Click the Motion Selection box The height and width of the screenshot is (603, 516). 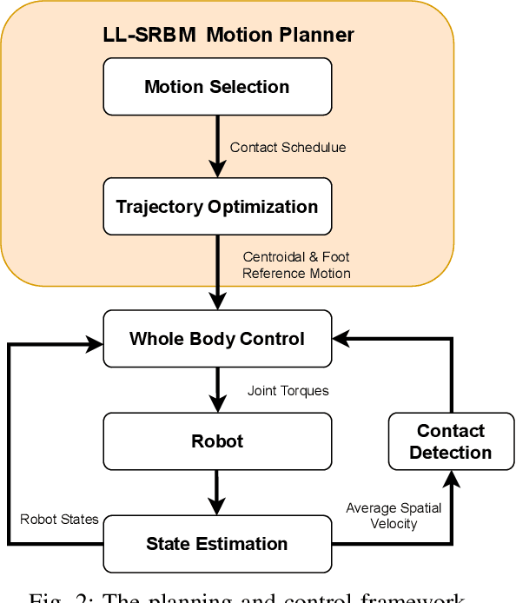click(217, 87)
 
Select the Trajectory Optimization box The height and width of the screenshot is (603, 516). click(217, 207)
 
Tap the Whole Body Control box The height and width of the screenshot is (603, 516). click(217, 339)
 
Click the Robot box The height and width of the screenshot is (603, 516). click(217, 441)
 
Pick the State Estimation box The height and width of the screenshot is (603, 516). click(217, 544)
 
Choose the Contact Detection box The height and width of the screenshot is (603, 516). click(451, 441)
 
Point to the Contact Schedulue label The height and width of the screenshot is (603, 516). click(288, 148)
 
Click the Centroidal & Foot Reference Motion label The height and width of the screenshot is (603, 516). click(296, 265)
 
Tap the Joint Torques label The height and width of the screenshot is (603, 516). click(288, 391)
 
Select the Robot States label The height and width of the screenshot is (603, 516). click(59, 520)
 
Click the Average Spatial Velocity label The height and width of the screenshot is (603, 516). click(394, 515)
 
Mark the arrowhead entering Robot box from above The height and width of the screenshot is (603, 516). click(216, 405)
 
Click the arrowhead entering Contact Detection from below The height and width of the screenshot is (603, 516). click(451, 478)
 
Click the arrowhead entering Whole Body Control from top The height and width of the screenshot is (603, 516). click(216, 302)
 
